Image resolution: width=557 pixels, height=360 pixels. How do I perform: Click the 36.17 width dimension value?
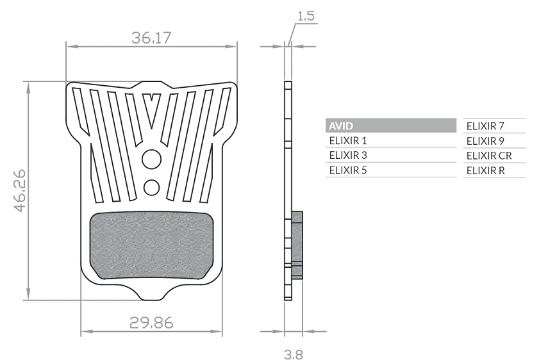coord(151,38)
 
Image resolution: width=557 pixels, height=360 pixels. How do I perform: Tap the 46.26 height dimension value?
coord(20,191)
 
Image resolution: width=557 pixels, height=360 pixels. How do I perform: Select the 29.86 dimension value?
coord(151,323)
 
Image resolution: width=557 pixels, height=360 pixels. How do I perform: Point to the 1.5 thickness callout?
coord(306,16)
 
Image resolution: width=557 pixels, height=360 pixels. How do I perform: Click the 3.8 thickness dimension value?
coord(294,354)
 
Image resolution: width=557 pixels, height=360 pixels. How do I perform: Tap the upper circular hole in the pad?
coord(152,159)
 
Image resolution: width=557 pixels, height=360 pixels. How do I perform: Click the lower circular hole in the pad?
coord(152,188)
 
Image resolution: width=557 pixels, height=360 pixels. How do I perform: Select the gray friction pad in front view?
coord(151,245)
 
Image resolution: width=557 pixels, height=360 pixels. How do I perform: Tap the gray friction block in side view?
coord(297,245)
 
